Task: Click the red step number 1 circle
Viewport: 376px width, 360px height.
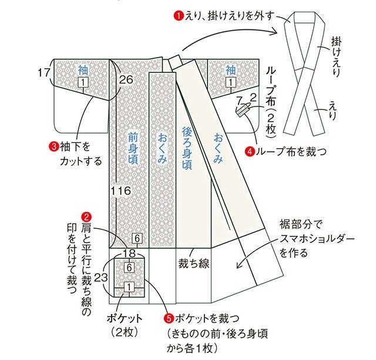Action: click(179, 16)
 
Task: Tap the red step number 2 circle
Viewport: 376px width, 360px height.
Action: click(86, 217)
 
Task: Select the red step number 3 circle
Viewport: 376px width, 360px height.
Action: click(53, 146)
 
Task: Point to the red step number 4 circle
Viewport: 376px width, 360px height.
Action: click(249, 152)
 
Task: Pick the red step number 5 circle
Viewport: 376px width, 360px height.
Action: click(169, 319)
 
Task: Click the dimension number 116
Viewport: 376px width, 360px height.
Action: click(121, 191)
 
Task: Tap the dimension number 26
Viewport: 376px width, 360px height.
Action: click(126, 79)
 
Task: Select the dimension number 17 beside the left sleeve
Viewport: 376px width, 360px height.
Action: click(43, 72)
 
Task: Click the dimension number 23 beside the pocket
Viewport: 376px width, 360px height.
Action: click(100, 278)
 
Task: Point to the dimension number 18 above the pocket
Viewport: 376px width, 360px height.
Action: click(129, 253)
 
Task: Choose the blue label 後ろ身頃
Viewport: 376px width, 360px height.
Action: click(187, 148)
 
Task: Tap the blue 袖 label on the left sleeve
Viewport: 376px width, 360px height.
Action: click(83, 70)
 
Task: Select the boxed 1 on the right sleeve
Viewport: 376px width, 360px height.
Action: click(230, 82)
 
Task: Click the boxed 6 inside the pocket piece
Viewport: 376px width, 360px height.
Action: click(129, 267)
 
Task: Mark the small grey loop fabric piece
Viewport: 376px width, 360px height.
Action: click(243, 110)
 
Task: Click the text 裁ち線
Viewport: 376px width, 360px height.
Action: click(193, 263)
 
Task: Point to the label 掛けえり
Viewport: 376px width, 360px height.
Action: click(336, 56)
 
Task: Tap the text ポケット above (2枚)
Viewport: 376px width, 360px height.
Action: click(125, 319)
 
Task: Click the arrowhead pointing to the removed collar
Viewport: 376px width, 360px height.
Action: click(275, 32)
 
